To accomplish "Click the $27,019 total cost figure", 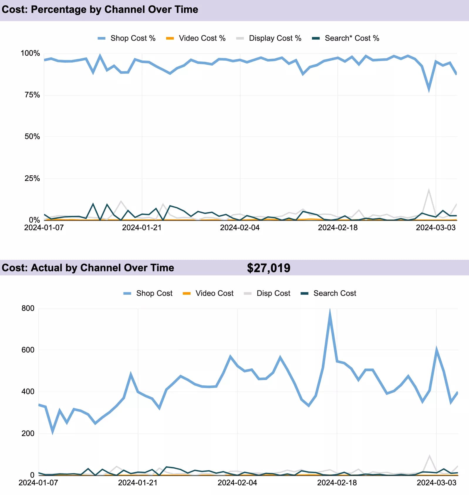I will coord(268,268).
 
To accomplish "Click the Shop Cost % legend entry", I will coord(126,38).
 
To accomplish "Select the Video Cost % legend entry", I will coord(196,38).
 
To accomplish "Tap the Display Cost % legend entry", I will coord(269,38).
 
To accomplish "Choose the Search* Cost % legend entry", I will coord(345,38).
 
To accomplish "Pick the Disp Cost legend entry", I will coord(267,293).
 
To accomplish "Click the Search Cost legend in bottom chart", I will coord(328,293).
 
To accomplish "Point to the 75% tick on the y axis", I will coord(32,95).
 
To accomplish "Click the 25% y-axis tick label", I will coord(32,178).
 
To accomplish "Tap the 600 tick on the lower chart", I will coord(28,350).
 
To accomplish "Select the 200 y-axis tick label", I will coord(28,433).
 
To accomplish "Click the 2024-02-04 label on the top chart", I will coord(240,228).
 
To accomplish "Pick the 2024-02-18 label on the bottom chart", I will coord(337,483).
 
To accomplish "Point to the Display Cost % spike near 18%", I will coord(429,190).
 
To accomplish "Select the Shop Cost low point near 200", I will coord(53,431).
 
